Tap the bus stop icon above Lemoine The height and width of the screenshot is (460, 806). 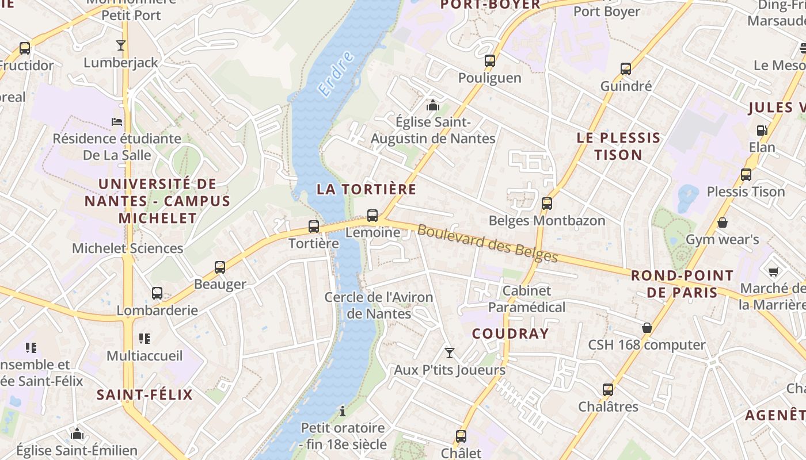[x=372, y=216]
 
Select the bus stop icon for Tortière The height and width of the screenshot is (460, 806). [x=314, y=227]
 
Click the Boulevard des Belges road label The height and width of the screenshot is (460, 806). [x=488, y=243]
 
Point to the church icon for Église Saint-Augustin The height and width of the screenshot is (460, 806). [x=432, y=105]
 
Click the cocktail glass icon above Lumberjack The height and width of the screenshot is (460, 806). [x=121, y=45]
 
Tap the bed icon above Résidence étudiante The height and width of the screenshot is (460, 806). [x=117, y=122]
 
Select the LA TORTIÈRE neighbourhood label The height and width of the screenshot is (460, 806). [x=366, y=189]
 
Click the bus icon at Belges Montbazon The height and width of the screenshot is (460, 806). [x=547, y=204]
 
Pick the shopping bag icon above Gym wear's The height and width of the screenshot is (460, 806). [x=723, y=223]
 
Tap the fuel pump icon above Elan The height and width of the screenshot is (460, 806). [x=762, y=131]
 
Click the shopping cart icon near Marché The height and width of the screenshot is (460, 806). [x=774, y=271]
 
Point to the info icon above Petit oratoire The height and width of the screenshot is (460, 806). [x=343, y=411]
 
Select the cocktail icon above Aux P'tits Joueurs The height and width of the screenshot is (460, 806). [x=450, y=353]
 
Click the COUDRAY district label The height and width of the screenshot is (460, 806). [x=511, y=333]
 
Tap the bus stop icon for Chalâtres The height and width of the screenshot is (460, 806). [x=608, y=390]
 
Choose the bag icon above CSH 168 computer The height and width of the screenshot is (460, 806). [x=647, y=328]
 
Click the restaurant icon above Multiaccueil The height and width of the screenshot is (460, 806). [x=145, y=339]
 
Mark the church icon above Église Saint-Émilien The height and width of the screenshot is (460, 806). [x=77, y=434]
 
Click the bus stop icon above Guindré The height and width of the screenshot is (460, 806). [x=626, y=69]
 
